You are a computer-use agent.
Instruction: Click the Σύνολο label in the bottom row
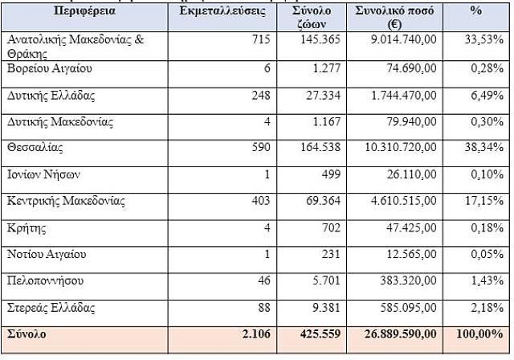tap(27, 333)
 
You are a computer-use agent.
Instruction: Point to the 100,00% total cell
tap(482, 333)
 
